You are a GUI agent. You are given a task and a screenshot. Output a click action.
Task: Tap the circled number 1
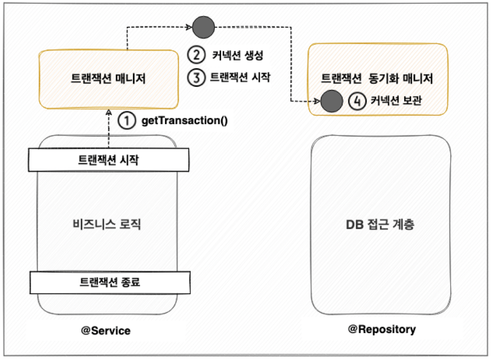click(x=126, y=121)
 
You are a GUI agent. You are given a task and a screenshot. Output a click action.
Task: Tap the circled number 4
click(x=357, y=101)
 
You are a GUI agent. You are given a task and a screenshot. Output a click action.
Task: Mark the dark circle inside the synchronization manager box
click(x=331, y=101)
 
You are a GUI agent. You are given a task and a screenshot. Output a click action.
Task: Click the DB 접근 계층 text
click(x=381, y=225)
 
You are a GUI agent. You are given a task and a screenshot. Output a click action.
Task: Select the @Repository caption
click(x=382, y=329)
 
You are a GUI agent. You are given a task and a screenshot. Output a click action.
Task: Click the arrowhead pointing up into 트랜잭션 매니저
click(x=109, y=112)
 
